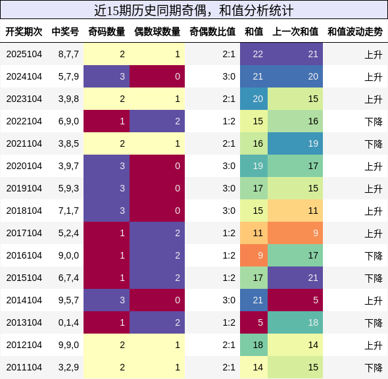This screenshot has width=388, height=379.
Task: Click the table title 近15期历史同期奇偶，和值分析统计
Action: (194, 10)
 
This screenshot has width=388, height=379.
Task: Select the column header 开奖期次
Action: (24, 32)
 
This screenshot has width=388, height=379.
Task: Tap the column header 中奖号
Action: (65, 32)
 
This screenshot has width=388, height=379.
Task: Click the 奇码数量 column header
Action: (107, 32)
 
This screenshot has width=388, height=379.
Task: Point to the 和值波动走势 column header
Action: (354, 32)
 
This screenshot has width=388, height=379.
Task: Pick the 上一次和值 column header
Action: (295, 32)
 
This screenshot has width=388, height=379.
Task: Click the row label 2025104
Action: (24, 54)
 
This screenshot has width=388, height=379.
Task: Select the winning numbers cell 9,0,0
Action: (68, 255)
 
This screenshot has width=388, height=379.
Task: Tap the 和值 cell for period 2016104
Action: (258, 255)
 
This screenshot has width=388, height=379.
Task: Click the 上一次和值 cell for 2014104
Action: (295, 300)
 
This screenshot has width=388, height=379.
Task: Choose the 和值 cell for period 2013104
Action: (258, 322)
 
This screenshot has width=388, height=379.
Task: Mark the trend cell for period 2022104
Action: (373, 121)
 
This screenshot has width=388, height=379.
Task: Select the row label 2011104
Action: (24, 367)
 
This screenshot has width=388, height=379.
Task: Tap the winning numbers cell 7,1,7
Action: (68, 211)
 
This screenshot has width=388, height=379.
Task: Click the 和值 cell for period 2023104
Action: (258, 99)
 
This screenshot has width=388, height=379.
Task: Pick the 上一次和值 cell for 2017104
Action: (295, 233)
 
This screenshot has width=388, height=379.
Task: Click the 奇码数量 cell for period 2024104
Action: (107, 76)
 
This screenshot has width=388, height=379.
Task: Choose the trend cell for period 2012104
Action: (373, 345)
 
